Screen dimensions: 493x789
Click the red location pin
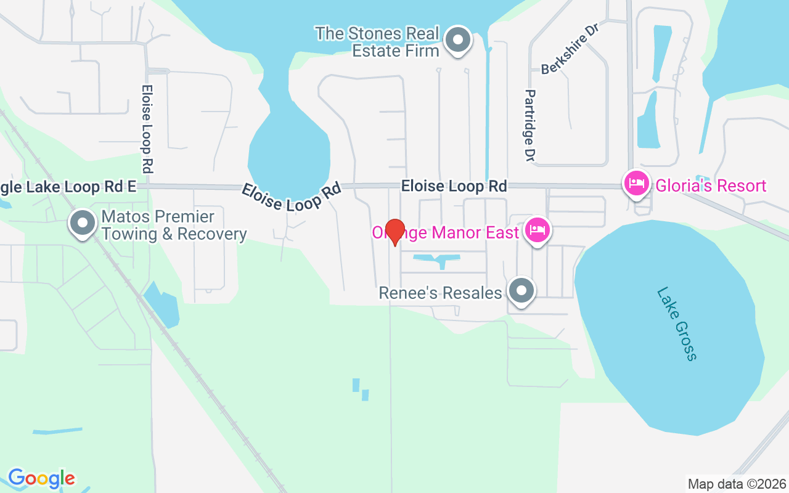[394, 231]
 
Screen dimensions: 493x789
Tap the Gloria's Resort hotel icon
[636, 183]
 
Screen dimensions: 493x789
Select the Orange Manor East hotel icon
[538, 231]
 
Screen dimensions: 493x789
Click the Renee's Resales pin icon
[521, 290]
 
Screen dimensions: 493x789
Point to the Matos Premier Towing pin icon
[83, 223]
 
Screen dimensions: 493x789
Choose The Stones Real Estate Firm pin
[457, 40]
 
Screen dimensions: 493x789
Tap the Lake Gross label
[677, 324]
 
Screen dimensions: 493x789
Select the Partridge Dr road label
[529, 125]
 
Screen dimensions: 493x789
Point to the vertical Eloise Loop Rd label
[147, 129]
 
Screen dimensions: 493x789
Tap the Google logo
[41, 478]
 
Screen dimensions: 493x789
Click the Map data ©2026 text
[737, 484]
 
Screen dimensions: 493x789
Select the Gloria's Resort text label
[711, 185]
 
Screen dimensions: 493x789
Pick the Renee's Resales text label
[440, 293]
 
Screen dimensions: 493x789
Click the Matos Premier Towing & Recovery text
[174, 226]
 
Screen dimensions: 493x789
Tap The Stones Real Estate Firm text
[377, 42]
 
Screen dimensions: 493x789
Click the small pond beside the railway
[163, 305]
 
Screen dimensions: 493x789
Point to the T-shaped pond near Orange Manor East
[438, 259]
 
